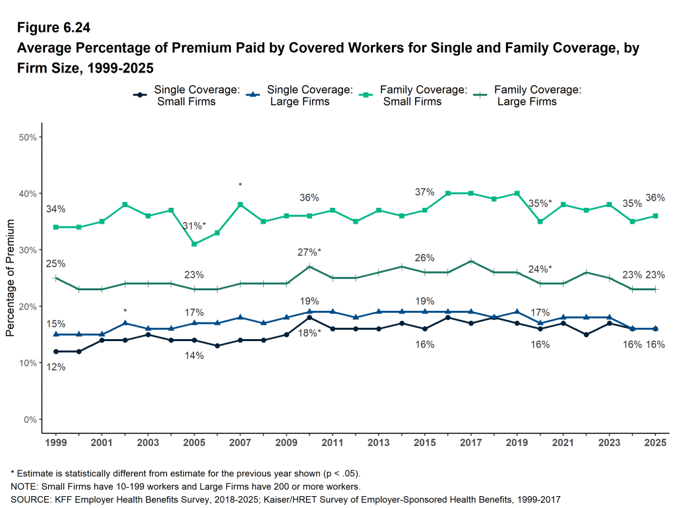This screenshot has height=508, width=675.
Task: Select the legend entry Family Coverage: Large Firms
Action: (527, 96)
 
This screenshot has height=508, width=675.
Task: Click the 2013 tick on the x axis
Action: (378, 442)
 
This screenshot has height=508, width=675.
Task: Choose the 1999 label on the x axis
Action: (55, 442)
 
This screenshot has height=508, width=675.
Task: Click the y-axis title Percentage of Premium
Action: (10, 278)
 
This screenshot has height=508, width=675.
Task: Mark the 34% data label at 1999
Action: (55, 209)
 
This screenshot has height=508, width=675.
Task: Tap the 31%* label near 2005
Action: (194, 226)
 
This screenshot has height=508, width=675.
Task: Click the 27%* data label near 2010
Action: (309, 252)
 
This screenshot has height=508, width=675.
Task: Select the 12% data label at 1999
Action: (55, 367)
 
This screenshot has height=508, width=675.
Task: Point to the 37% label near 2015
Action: (424, 192)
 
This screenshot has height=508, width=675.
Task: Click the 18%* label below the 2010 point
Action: (309, 333)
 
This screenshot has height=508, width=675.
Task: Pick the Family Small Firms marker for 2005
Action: (194, 244)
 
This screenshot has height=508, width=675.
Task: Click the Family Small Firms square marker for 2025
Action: (655, 216)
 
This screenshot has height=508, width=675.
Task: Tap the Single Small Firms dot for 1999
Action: (55, 352)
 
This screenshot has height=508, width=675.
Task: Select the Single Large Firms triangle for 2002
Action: (125, 323)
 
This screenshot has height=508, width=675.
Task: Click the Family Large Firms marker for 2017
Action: (470, 261)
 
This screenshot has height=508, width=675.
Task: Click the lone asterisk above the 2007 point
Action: (240, 185)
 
